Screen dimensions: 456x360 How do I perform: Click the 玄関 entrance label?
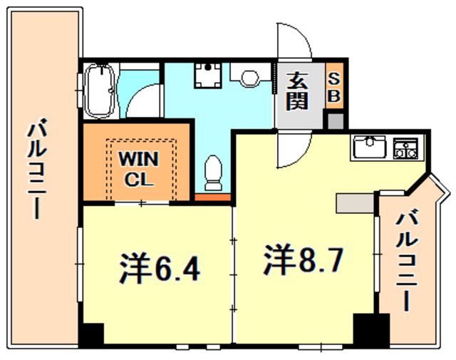pyautogui.click(x=296, y=91)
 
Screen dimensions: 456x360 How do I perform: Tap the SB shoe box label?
pyautogui.click(x=334, y=86)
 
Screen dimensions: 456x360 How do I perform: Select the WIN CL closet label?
pyautogui.click(x=138, y=169)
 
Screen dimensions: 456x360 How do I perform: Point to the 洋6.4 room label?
pyautogui.click(x=160, y=268)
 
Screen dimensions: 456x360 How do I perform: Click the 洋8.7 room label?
pyautogui.click(x=302, y=259)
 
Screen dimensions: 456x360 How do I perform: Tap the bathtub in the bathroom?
pyautogui.click(x=100, y=91)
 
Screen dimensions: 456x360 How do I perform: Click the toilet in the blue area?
pyautogui.click(x=213, y=173)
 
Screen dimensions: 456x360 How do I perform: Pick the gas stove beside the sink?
pyautogui.click(x=405, y=148)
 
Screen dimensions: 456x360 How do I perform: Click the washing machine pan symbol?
pyautogui.click(x=208, y=75)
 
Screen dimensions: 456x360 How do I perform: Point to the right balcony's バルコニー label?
pyautogui.click(x=407, y=262)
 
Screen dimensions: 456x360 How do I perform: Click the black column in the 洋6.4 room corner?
pyautogui.click(x=93, y=334)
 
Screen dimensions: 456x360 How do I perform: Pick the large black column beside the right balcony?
pyautogui.click(x=371, y=329)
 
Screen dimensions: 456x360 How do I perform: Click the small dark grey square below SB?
pyautogui.click(x=336, y=121)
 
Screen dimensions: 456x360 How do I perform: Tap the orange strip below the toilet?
pyautogui.click(x=212, y=197)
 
